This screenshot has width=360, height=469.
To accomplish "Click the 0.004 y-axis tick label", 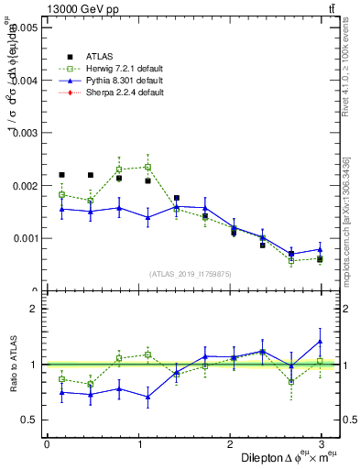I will (x=23, y=81).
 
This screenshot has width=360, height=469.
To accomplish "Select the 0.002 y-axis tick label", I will (x=23, y=186).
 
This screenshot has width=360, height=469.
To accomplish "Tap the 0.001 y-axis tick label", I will (x=23, y=238).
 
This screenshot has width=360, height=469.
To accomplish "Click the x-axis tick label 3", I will (x=322, y=444).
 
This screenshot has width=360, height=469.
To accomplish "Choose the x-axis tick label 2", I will (x=230, y=444).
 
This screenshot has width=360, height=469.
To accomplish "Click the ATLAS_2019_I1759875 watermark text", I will (x=191, y=273).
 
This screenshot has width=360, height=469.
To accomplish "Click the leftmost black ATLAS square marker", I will (x=61, y=174).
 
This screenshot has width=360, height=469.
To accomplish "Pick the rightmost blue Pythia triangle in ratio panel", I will (x=320, y=342).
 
